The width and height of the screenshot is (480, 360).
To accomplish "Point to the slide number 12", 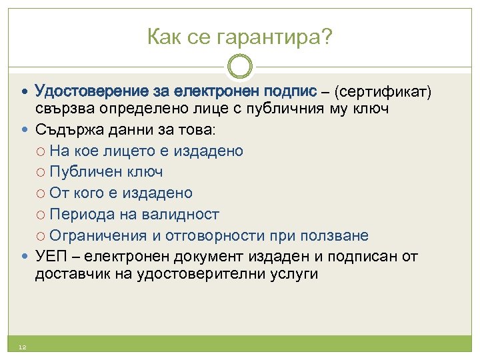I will [22, 347].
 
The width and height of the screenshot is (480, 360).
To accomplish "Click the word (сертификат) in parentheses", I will [383, 90].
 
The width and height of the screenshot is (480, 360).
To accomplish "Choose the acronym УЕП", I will [49, 257].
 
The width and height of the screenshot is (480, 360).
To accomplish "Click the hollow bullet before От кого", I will [41, 193].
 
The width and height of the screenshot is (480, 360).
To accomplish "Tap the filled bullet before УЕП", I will [25, 257].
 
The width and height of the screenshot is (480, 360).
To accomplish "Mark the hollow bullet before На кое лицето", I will [41, 151].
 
